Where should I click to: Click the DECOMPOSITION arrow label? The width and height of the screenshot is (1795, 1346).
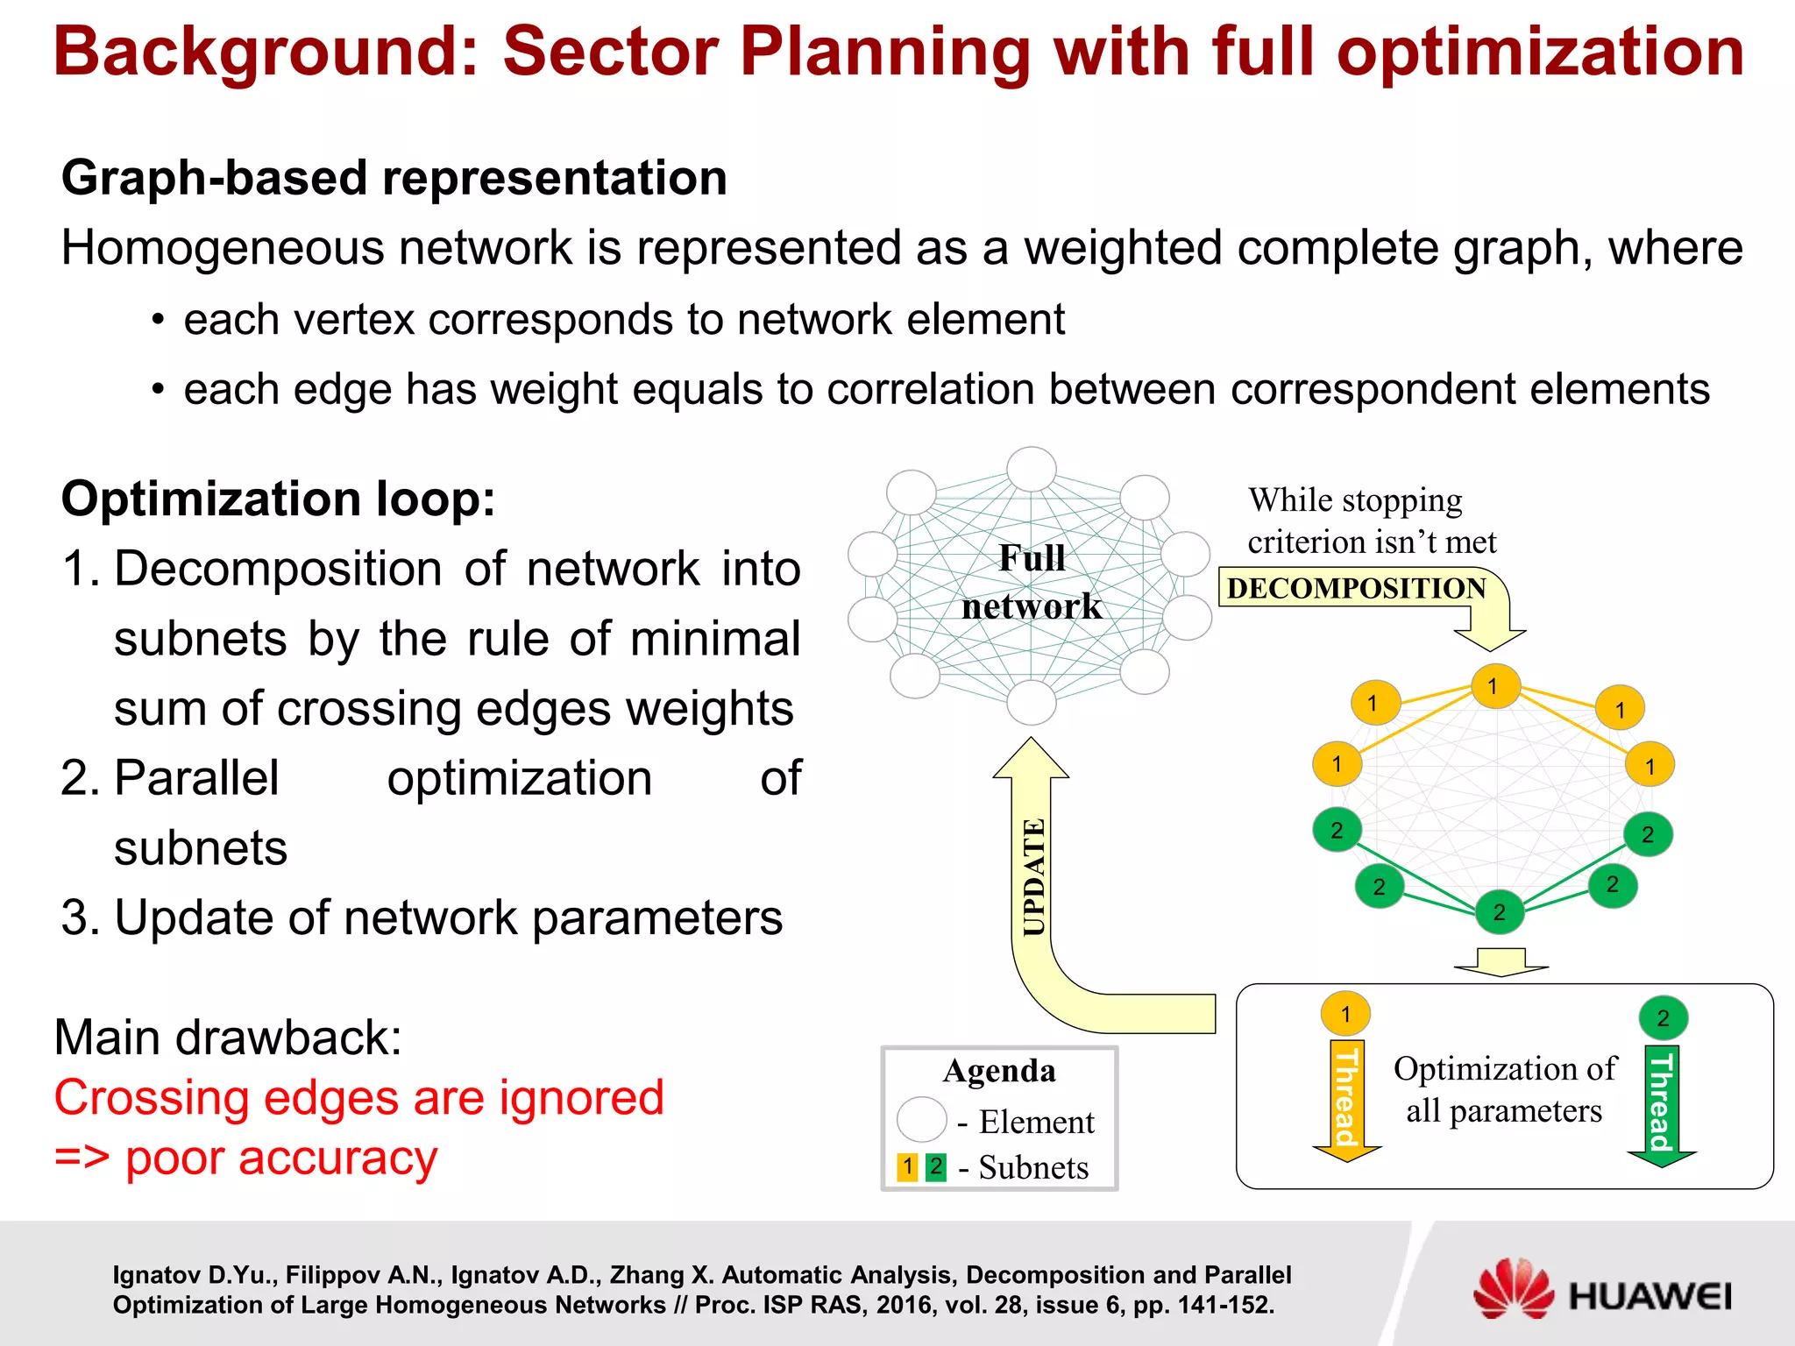1356,588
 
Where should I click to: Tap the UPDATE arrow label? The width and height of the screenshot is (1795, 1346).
1035,876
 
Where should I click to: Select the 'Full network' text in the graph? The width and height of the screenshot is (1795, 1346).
1032,582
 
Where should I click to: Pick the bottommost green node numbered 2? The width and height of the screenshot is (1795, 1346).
1500,911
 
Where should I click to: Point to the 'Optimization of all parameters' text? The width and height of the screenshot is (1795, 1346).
1504,1089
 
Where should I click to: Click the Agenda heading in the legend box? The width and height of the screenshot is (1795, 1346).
999,1070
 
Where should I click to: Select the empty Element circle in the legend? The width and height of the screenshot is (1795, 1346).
921,1120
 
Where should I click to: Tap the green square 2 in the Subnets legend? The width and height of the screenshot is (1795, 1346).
936,1166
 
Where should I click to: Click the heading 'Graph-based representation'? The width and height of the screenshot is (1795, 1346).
394,178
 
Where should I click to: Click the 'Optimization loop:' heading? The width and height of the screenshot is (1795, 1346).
278,499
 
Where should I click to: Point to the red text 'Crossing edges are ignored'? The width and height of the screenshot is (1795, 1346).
359,1097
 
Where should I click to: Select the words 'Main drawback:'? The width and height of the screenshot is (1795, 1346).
228,1038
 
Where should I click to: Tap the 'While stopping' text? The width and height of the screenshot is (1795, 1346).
1355,500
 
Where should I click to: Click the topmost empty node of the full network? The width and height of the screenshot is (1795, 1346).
1032,469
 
